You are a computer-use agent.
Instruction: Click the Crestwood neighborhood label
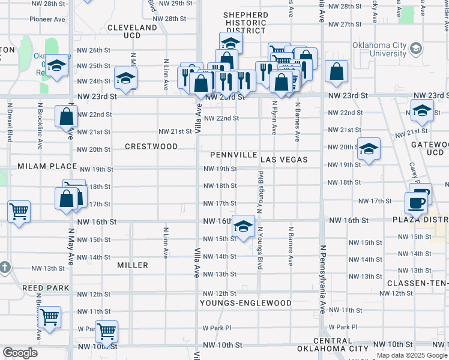click(151, 146)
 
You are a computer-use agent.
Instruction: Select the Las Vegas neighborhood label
click(284, 160)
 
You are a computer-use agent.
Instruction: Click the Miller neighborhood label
click(133, 265)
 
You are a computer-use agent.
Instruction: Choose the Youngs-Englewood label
click(246, 303)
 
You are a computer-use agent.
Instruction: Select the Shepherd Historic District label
click(246, 22)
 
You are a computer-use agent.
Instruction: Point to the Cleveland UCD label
click(132, 32)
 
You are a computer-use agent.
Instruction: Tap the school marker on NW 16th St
click(243, 227)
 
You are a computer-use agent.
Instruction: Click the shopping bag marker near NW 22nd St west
click(66, 116)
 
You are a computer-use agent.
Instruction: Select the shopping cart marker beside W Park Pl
click(107, 331)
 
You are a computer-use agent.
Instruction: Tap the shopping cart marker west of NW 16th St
click(19, 211)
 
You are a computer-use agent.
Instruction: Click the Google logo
click(20, 353)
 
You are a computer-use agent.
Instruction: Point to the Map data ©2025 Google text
click(412, 355)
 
